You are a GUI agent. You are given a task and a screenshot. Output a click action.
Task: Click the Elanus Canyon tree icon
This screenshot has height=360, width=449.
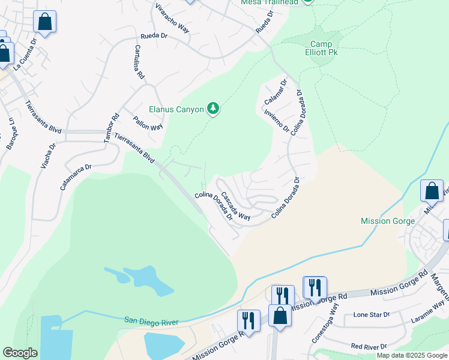[x=212, y=108]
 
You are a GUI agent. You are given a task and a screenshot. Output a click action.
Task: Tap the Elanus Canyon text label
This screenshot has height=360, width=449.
[x=177, y=109]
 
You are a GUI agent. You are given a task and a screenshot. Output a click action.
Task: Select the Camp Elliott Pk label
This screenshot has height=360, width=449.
[x=325, y=49]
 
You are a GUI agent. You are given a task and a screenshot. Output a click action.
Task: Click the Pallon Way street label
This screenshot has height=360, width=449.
[x=148, y=123]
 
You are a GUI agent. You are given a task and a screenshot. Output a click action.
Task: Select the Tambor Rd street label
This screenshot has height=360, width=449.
[x=112, y=128]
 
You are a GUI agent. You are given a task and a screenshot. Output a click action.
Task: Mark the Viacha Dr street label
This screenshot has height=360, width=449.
[x=47, y=155]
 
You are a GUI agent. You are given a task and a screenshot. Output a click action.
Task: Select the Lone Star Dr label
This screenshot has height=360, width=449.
[x=372, y=314]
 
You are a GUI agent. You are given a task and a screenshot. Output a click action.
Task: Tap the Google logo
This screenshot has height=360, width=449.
[x=20, y=353]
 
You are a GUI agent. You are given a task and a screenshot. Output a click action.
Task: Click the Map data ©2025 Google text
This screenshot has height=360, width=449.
[x=411, y=355]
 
